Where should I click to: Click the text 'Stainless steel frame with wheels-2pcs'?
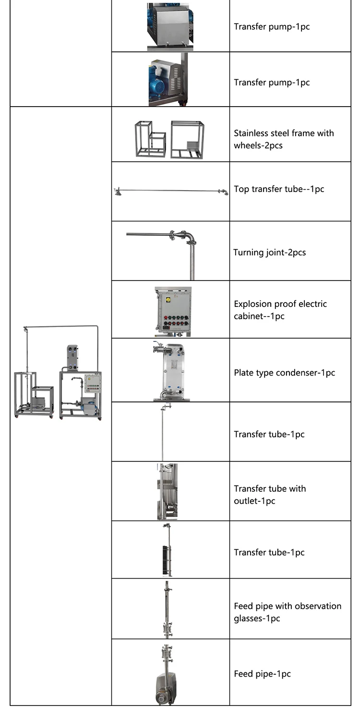point(284,139)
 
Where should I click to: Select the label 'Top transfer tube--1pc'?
point(279,189)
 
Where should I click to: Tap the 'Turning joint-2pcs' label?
point(269,253)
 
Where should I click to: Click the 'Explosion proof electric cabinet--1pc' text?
point(280,310)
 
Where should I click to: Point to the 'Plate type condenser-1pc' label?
point(284,373)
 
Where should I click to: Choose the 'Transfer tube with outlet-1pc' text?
point(270,495)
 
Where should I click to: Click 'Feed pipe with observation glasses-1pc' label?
point(288,612)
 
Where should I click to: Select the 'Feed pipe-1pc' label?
point(262,674)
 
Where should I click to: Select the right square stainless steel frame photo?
point(188,139)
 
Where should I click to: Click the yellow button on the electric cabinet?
point(168,300)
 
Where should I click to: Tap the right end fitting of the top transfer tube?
point(223,192)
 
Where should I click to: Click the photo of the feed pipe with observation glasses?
point(168,609)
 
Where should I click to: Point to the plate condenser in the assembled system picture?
point(72,358)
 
